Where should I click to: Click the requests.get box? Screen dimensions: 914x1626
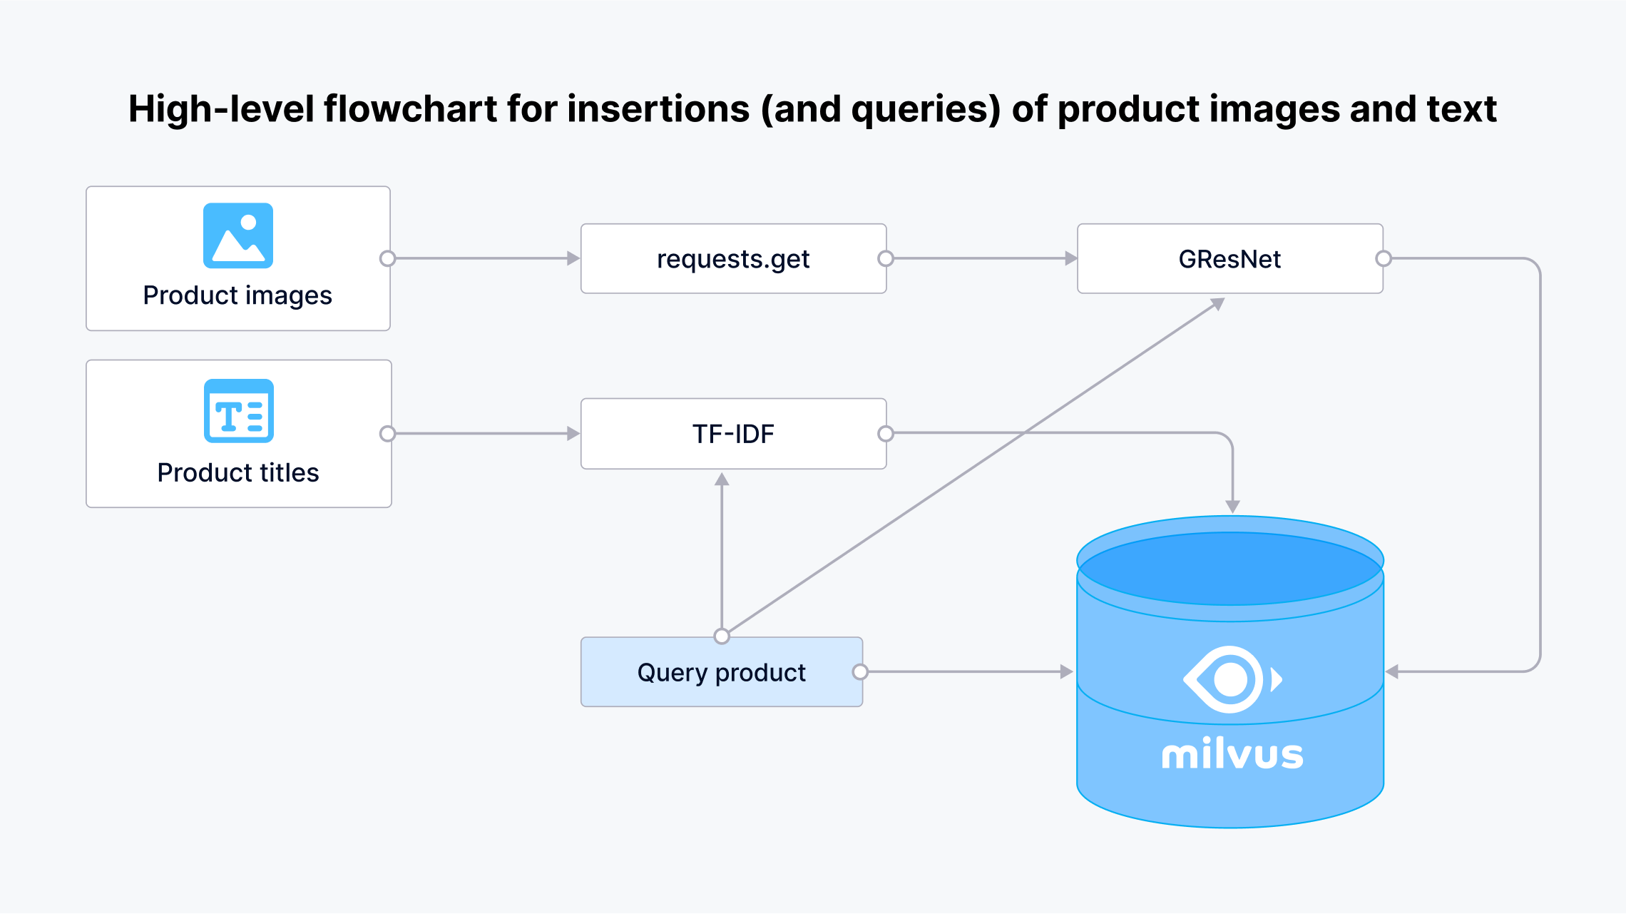click(733, 259)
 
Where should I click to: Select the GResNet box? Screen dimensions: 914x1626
click(1229, 259)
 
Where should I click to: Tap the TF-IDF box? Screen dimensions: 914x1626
click(733, 434)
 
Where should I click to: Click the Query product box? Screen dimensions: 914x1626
click(721, 672)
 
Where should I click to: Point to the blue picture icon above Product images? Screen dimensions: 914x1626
click(238, 235)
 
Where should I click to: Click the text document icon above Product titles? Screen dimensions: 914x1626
click(238, 411)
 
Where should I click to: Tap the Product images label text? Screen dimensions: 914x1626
click(237, 295)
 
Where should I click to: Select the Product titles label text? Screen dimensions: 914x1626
click(237, 472)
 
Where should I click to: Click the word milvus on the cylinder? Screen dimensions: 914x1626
click(1232, 754)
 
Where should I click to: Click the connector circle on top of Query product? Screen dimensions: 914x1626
click(722, 636)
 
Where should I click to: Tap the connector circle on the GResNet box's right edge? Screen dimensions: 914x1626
click(1384, 258)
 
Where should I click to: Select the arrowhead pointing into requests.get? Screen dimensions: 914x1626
click(573, 258)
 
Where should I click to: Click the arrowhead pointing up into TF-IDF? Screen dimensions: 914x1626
click(722, 479)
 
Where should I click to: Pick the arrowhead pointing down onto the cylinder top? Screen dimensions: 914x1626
click(1232, 507)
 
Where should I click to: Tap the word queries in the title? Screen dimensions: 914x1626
click(926, 109)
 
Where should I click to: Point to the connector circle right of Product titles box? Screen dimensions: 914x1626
click(387, 433)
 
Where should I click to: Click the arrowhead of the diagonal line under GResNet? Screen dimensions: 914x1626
click(1218, 304)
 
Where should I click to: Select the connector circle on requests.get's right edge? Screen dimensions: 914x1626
click(886, 258)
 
